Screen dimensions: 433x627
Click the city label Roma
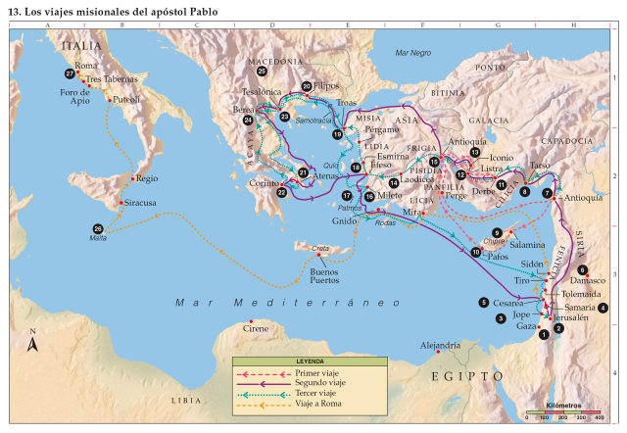point(87,66)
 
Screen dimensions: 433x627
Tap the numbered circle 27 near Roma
point(70,74)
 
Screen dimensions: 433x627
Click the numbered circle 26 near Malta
point(97,228)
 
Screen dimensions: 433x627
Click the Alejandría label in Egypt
point(440,346)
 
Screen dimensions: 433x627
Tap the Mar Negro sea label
point(413,52)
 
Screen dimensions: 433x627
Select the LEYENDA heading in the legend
point(310,361)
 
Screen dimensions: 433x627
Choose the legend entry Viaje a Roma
point(318,404)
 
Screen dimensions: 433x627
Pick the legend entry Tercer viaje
point(316,394)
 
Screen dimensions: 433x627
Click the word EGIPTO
point(466,375)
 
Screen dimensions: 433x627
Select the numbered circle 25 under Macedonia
point(262,72)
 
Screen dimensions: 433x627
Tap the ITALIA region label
point(82,45)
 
